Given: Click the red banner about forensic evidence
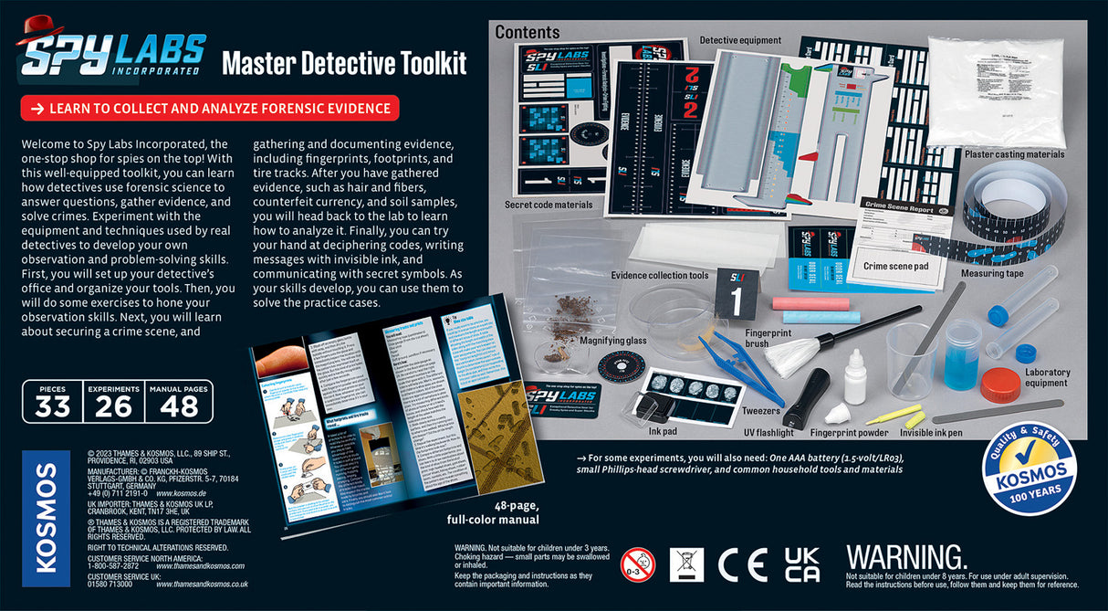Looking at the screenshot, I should (210, 109).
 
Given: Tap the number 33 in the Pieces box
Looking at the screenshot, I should (52, 407).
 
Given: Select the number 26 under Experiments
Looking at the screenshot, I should (113, 407).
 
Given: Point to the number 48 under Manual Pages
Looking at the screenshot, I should (179, 407).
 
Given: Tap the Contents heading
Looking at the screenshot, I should (528, 33).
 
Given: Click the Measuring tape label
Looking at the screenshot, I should (992, 273).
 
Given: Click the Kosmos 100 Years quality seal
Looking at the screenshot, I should (1029, 472).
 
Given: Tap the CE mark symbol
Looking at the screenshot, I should (742, 566).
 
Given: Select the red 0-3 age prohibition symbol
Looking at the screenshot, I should (638, 566).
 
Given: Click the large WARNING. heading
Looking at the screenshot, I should (905, 557).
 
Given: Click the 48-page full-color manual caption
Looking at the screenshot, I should (493, 513).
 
